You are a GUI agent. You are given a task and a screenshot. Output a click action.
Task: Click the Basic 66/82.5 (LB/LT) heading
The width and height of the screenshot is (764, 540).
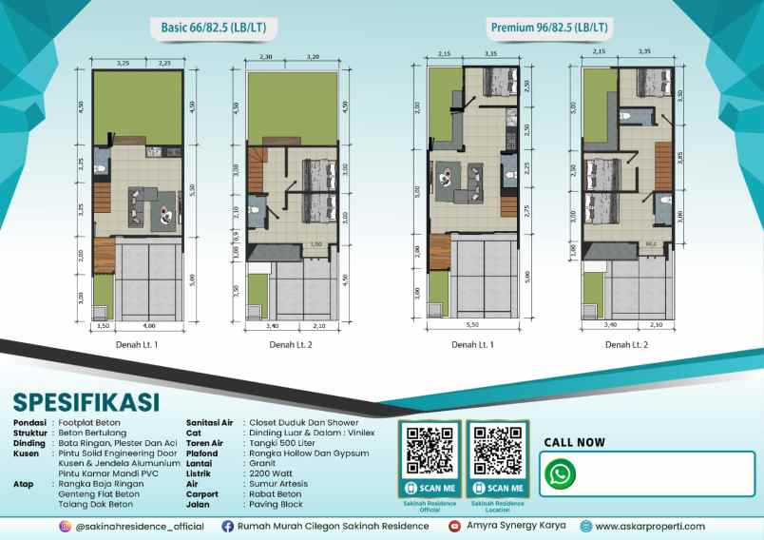click(213, 29)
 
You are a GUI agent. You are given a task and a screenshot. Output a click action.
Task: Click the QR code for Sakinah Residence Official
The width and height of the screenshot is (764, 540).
click(430, 451)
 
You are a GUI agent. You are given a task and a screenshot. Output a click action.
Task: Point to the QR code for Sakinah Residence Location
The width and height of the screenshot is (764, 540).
click(497, 451)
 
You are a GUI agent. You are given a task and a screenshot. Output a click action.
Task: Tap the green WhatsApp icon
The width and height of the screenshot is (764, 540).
click(563, 473)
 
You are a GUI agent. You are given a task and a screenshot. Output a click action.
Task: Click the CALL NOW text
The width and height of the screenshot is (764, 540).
click(574, 442)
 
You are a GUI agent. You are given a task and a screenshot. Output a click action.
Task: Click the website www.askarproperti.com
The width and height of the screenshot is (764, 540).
click(650, 526)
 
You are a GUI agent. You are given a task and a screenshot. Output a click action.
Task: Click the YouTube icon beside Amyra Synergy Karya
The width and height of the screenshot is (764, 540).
click(455, 526)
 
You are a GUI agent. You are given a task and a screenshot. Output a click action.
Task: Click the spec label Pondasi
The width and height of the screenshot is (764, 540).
click(29, 422)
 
